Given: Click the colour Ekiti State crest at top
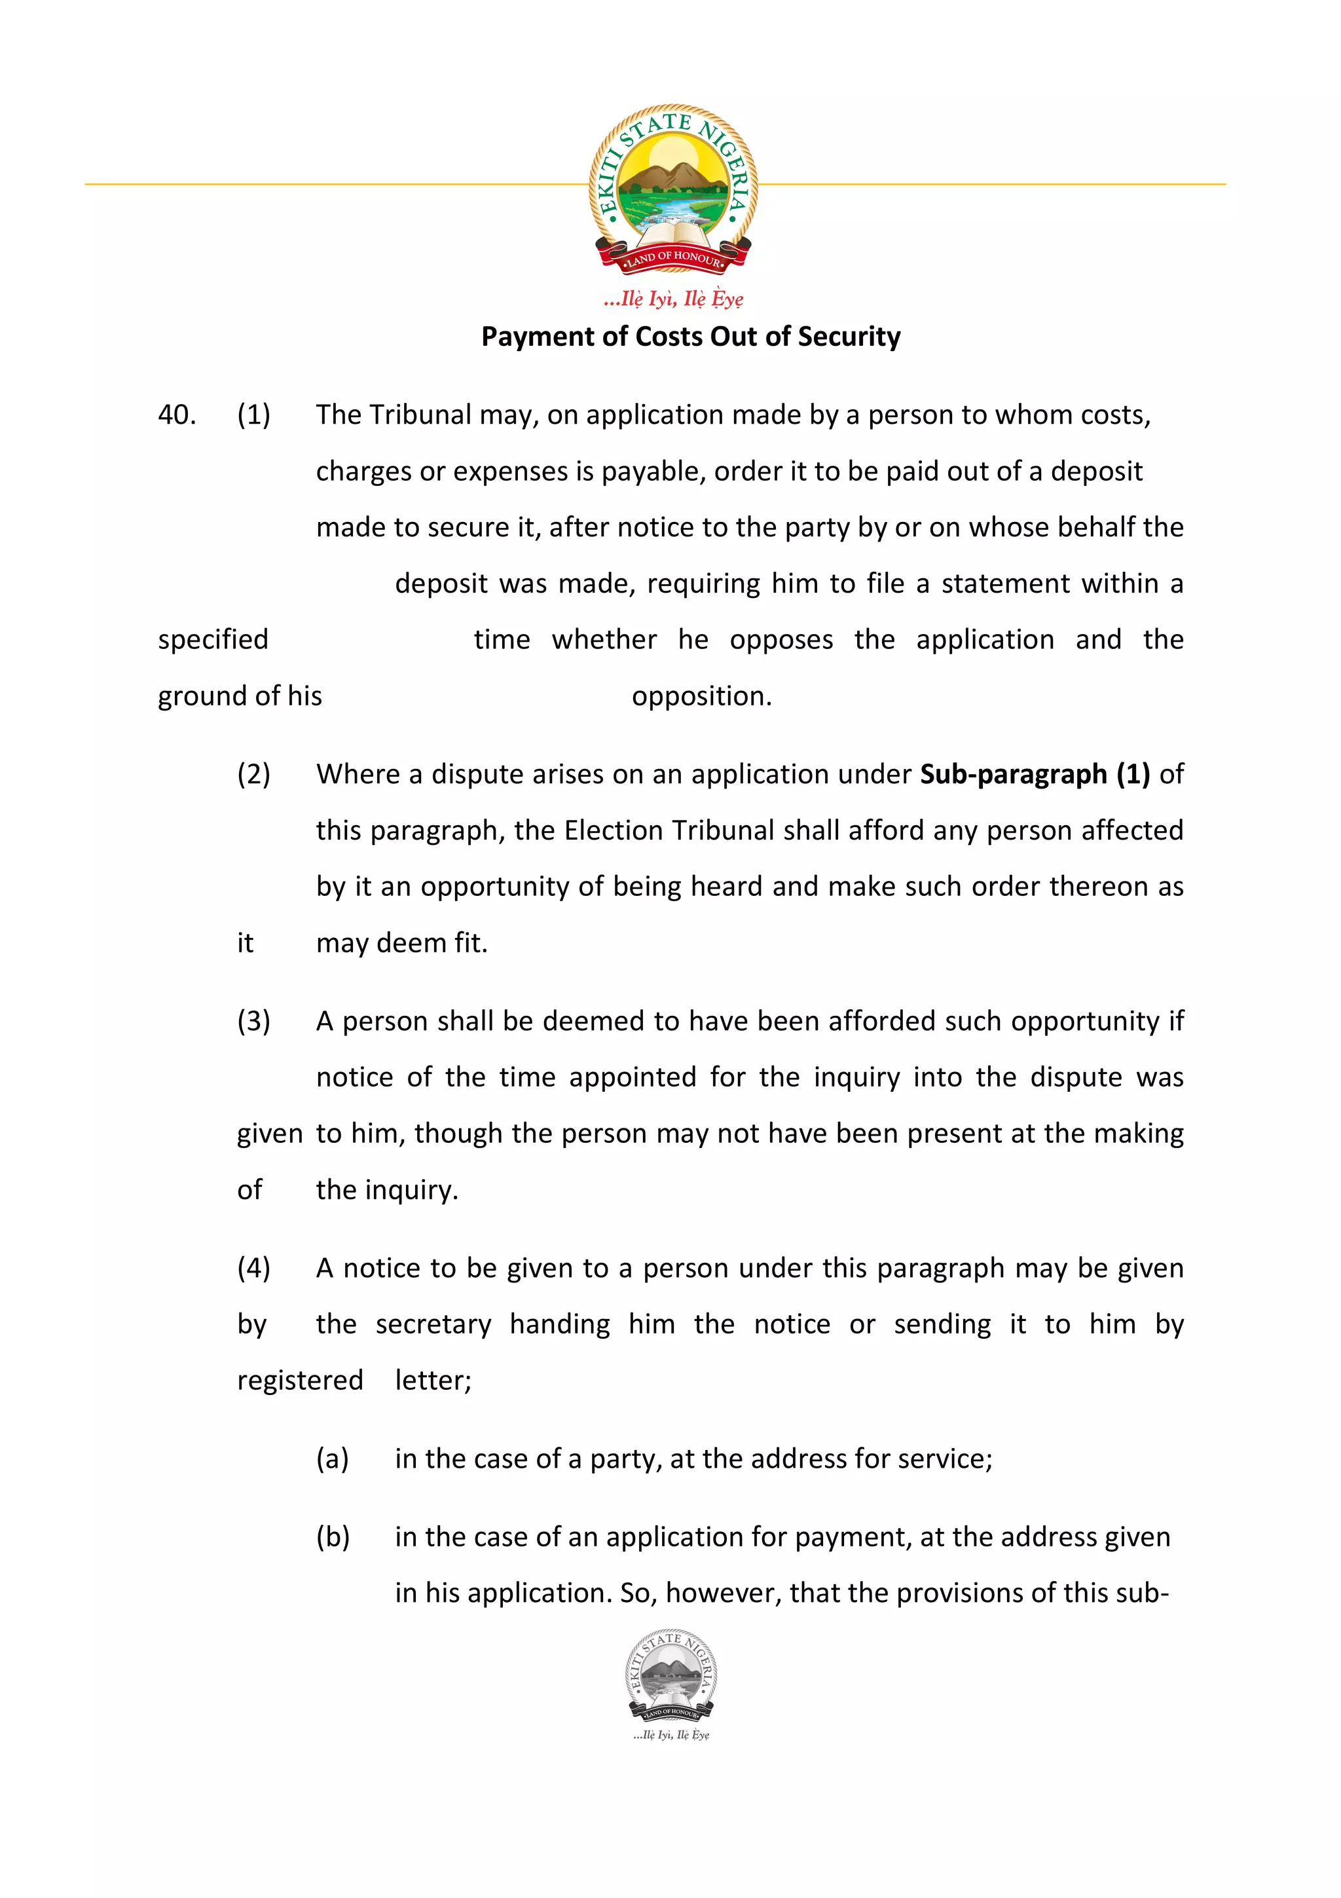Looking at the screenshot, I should coord(672,189).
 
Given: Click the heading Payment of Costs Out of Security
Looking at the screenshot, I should coord(691,337).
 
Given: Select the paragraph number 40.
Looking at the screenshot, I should coord(177,415).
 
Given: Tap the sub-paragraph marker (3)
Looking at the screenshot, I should coord(253,1021).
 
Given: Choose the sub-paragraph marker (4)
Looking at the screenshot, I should coord(253,1268).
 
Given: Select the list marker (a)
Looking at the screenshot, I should coord(332,1459).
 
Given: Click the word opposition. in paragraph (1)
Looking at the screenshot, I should coord(701,696).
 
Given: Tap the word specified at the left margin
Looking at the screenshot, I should coord(213,640).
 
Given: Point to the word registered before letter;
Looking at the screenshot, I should coord(300,1381).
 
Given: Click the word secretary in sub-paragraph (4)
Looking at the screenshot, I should coord(433,1324).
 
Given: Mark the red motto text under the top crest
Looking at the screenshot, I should coord(673,299).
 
